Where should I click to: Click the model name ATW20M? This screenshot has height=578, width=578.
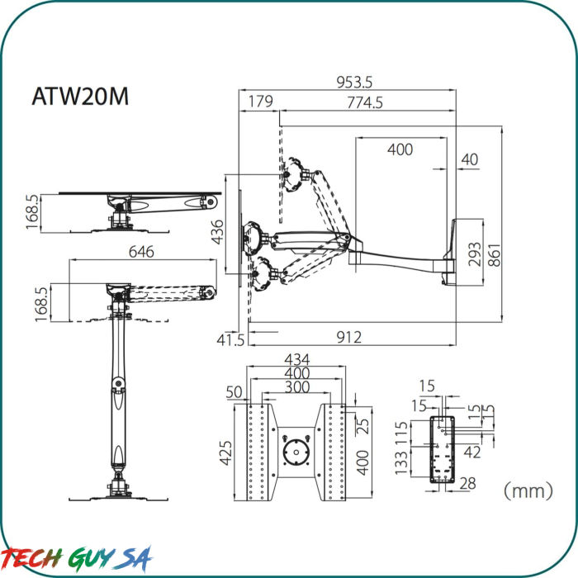(80, 97)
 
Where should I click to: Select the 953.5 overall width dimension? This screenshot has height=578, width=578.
(354, 82)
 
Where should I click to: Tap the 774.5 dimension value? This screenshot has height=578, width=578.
(364, 102)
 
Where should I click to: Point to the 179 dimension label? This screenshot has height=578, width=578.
(260, 102)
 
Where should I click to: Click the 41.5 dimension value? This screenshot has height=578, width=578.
(230, 339)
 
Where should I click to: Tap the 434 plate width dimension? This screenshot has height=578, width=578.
(297, 360)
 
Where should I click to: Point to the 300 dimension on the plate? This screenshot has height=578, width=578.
(297, 387)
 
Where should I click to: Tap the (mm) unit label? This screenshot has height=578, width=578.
(528, 491)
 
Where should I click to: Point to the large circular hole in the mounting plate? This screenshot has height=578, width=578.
(295, 452)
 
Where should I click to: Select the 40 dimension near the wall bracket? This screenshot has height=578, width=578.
(469, 159)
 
